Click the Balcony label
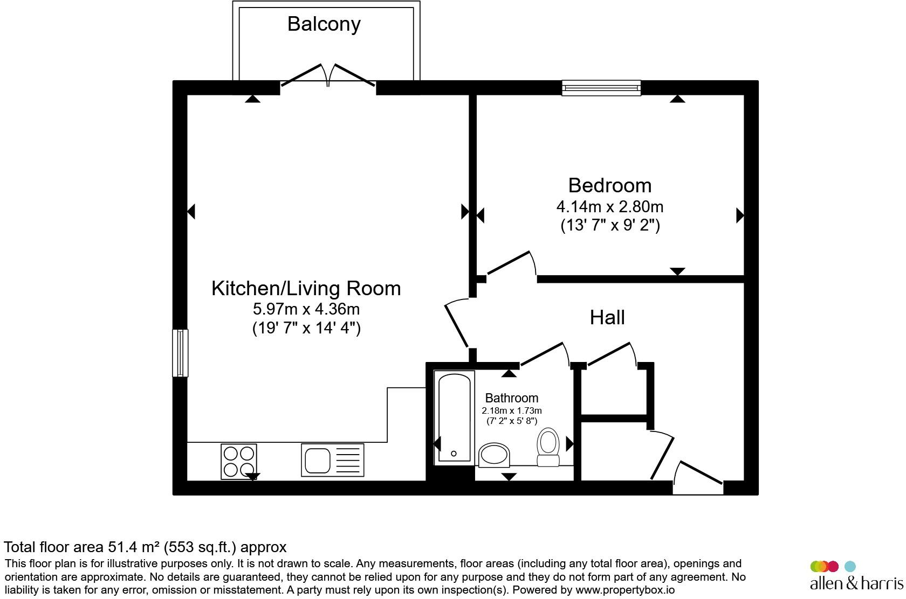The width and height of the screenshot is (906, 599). click(324, 24)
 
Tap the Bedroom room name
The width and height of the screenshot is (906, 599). click(610, 186)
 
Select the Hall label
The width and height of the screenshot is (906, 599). click(607, 317)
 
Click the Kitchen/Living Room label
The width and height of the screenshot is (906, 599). click(306, 288)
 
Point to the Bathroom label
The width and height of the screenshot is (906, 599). click(512, 398)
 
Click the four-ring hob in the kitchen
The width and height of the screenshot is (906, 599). click(238, 462)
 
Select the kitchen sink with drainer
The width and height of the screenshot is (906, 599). click(332, 460)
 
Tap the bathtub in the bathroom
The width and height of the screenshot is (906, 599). click(454, 417)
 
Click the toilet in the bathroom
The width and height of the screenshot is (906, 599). click(548, 447)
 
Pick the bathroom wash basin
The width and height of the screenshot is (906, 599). click(494, 455)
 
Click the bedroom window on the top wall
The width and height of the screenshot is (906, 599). click(601, 88)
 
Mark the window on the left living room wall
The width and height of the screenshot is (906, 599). click(180, 353)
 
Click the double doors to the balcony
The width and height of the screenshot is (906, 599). click(328, 76)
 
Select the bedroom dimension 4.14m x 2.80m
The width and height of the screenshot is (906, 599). click(610, 207)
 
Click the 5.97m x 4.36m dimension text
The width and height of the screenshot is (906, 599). click(306, 309)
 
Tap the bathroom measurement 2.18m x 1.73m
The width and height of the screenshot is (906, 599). click(512, 411)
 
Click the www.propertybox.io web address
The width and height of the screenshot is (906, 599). click(625, 590)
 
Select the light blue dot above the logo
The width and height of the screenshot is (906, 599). click(850, 566)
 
